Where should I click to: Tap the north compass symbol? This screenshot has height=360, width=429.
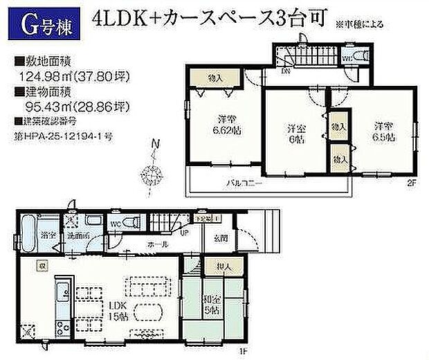153,165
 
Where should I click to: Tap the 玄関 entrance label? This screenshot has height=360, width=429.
214,240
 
